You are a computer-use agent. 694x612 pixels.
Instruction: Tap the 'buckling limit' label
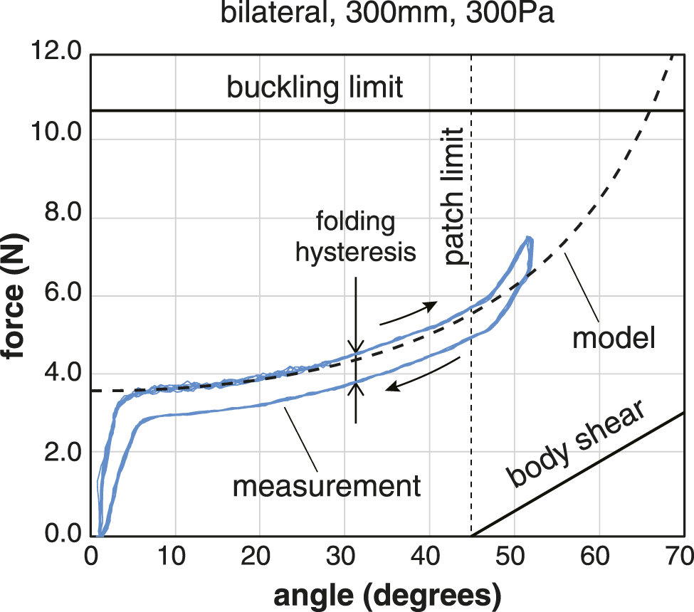315,88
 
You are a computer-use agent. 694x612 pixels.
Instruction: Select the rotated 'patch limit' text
453,196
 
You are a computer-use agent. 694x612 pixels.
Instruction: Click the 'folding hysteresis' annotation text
356,237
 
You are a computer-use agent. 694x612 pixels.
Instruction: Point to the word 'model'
613,339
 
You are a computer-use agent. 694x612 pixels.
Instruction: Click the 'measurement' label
327,487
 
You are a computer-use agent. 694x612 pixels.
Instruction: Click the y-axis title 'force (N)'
18,293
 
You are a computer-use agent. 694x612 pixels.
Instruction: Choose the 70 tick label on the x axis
679,555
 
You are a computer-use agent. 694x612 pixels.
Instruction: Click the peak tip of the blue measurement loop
528,239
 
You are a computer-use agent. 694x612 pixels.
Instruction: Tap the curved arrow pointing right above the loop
407,313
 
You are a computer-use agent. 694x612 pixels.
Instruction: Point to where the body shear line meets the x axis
470,535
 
